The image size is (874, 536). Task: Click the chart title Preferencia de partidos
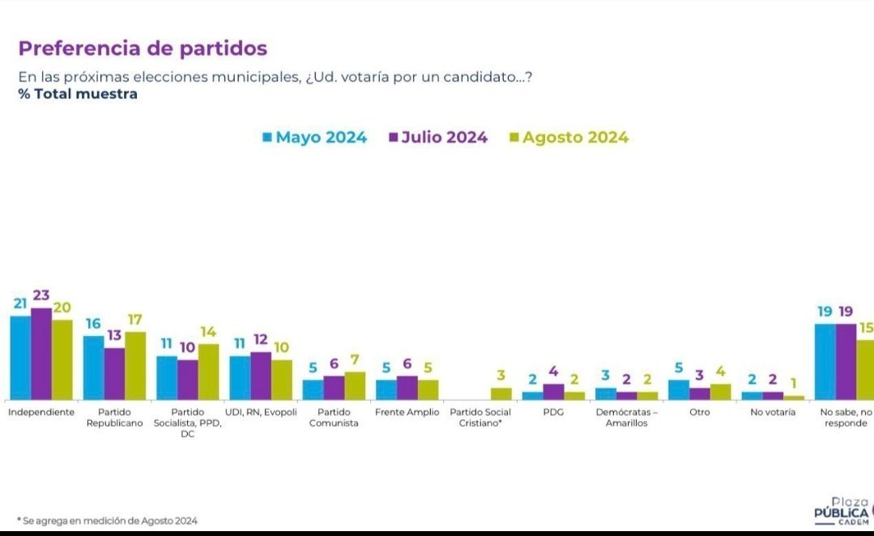tap(143, 49)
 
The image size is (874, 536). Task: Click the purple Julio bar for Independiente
tap(41, 354)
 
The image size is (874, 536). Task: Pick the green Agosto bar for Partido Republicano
tap(135, 365)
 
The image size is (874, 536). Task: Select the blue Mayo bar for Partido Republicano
tap(93, 367)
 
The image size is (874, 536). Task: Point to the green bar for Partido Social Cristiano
tap(501, 393)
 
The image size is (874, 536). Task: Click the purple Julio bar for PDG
tap(553, 391)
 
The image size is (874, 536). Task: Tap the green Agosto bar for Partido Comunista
tap(355, 385)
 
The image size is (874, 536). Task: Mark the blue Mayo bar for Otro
tap(679, 389)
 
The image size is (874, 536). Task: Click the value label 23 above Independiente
tap(41, 296)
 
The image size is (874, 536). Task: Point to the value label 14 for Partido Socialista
tap(208, 332)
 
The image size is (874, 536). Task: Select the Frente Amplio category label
tap(407, 412)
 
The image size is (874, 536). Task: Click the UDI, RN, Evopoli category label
tap(261, 412)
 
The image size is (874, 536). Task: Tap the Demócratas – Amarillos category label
tap(626, 417)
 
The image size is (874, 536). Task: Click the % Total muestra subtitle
tap(78, 94)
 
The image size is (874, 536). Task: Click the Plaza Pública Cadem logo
tap(842, 510)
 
